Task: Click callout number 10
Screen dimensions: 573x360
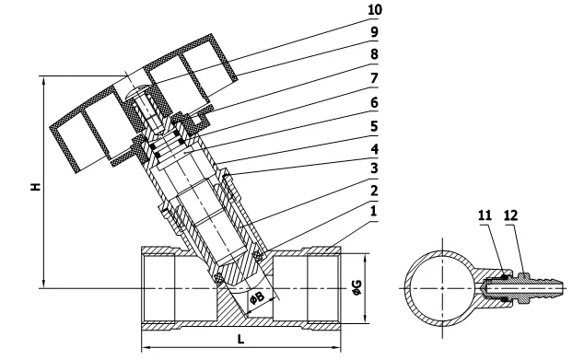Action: pyautogui.click(x=375, y=9)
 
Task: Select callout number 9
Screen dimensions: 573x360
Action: pyautogui.click(x=374, y=31)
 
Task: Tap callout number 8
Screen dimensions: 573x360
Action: pyautogui.click(x=374, y=54)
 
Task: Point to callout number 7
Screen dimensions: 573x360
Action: pyautogui.click(x=374, y=78)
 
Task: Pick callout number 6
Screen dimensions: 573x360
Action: pyautogui.click(x=374, y=102)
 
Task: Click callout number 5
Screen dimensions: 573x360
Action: pyautogui.click(x=374, y=126)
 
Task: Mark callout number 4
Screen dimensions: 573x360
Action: pyautogui.click(x=374, y=148)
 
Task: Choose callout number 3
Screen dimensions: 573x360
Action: pyautogui.click(x=374, y=168)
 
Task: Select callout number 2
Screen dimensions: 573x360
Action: pyautogui.click(x=374, y=191)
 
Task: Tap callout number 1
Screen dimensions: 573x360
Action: pyautogui.click(x=373, y=211)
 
